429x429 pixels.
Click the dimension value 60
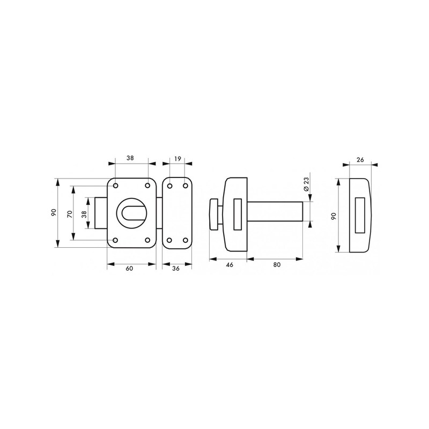[129, 269]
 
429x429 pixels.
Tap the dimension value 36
[176, 269]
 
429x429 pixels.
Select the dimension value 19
[177, 158]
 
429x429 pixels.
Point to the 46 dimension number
[230, 264]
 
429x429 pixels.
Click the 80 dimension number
[277, 264]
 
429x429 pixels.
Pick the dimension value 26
[360, 160]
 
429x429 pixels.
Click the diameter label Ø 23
[306, 184]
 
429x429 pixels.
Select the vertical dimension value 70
[70, 213]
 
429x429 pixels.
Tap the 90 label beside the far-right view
[334, 216]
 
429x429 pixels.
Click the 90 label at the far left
[54, 212]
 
